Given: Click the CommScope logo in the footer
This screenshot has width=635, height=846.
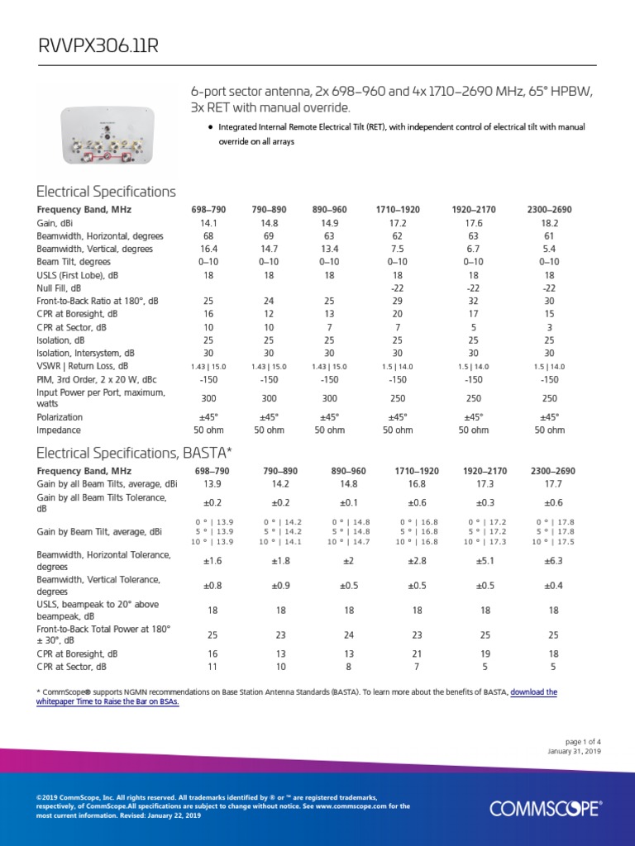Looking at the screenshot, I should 546,808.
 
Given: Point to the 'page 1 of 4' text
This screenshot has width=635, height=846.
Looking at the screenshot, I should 580,741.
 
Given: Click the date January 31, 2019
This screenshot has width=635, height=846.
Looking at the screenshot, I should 574,751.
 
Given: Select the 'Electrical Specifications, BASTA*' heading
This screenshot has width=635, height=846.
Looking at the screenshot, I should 134,453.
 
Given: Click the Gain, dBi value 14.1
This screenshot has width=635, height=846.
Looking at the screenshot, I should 208,223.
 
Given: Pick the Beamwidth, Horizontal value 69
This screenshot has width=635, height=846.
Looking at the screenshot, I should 269,235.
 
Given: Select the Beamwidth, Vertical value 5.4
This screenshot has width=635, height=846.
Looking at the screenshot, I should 549,249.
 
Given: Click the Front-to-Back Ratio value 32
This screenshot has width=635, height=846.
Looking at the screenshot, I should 474,302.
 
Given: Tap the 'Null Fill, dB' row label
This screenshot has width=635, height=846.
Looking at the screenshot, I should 59,288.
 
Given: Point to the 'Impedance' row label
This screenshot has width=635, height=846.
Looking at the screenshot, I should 60,430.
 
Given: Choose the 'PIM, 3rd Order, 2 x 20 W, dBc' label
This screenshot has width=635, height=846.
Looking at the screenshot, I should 98,379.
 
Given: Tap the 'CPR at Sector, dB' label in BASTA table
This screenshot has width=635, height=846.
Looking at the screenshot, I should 72,666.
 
